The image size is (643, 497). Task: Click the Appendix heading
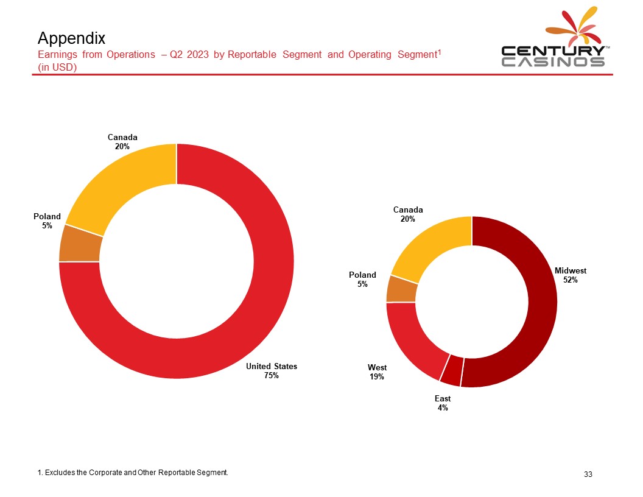pyautogui.click(x=71, y=38)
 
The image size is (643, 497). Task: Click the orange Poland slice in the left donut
pyautogui.click(x=80, y=244)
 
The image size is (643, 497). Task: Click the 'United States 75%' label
pyautogui.click(x=272, y=371)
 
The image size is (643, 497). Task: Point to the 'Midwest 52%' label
pyautogui.click(x=571, y=275)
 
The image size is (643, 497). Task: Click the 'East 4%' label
pyautogui.click(x=443, y=403)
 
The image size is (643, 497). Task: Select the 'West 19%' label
pyautogui.click(x=377, y=372)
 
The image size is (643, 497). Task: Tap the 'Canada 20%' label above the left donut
pyautogui.click(x=122, y=141)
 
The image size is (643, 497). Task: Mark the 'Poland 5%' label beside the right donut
pyautogui.click(x=362, y=280)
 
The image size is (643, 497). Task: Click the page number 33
pyautogui.click(x=588, y=474)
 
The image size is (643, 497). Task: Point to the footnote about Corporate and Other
pyautogui.click(x=133, y=472)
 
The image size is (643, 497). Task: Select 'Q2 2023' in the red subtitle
pyautogui.click(x=189, y=55)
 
